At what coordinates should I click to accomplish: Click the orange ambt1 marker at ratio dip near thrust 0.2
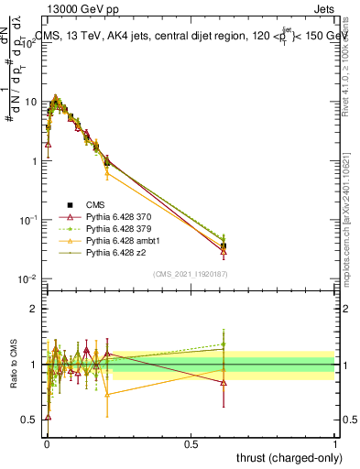coord(107,395)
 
